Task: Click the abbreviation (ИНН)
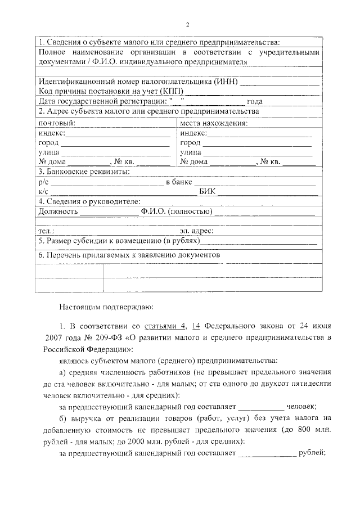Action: click(226, 82)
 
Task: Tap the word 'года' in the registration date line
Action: click(255, 101)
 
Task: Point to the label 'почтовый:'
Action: click(56, 123)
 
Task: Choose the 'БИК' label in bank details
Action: click(208, 192)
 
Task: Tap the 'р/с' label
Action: click(43, 182)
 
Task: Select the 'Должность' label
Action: click(57, 211)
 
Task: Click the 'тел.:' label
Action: click(46, 231)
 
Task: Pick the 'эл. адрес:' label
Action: click(196, 231)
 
